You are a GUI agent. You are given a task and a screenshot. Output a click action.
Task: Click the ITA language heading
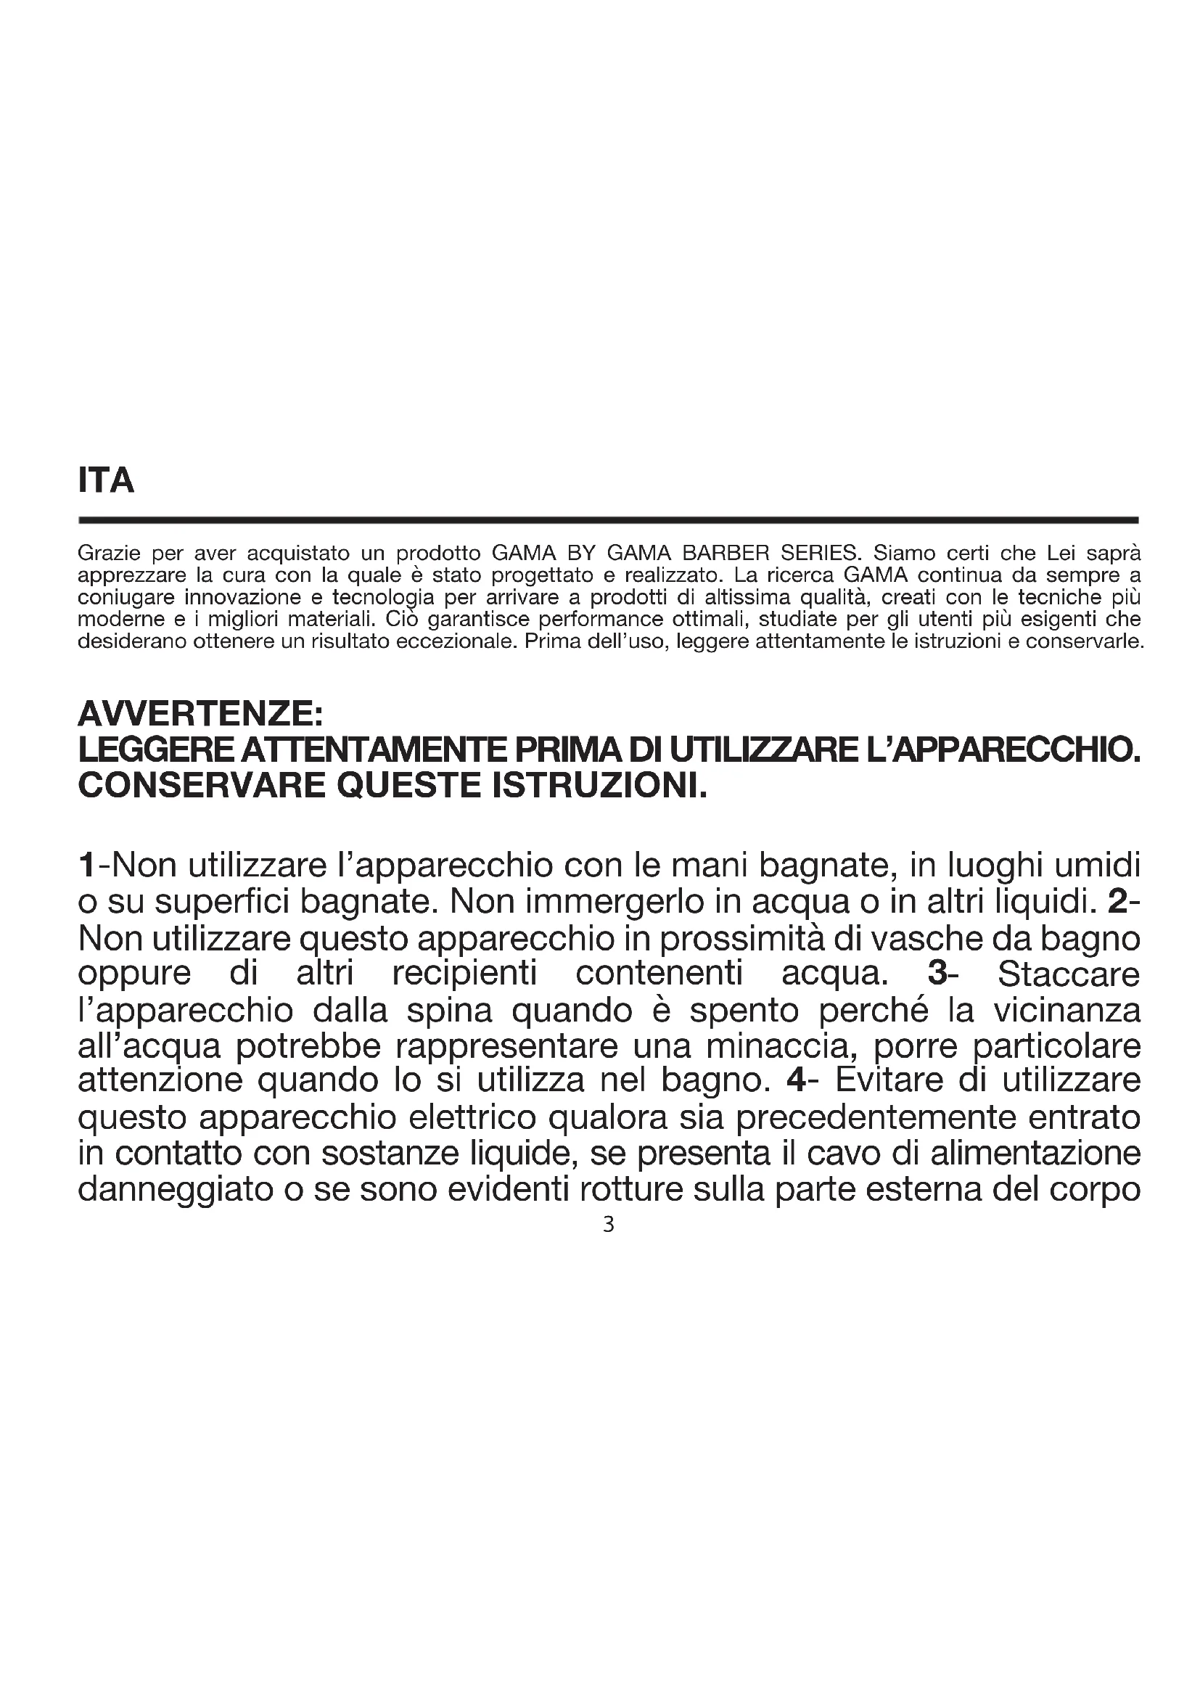(106, 480)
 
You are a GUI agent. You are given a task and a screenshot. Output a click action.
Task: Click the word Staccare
(1069, 974)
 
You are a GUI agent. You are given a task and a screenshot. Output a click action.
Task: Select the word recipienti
(464, 974)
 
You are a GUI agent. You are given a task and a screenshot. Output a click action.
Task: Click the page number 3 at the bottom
(608, 1225)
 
